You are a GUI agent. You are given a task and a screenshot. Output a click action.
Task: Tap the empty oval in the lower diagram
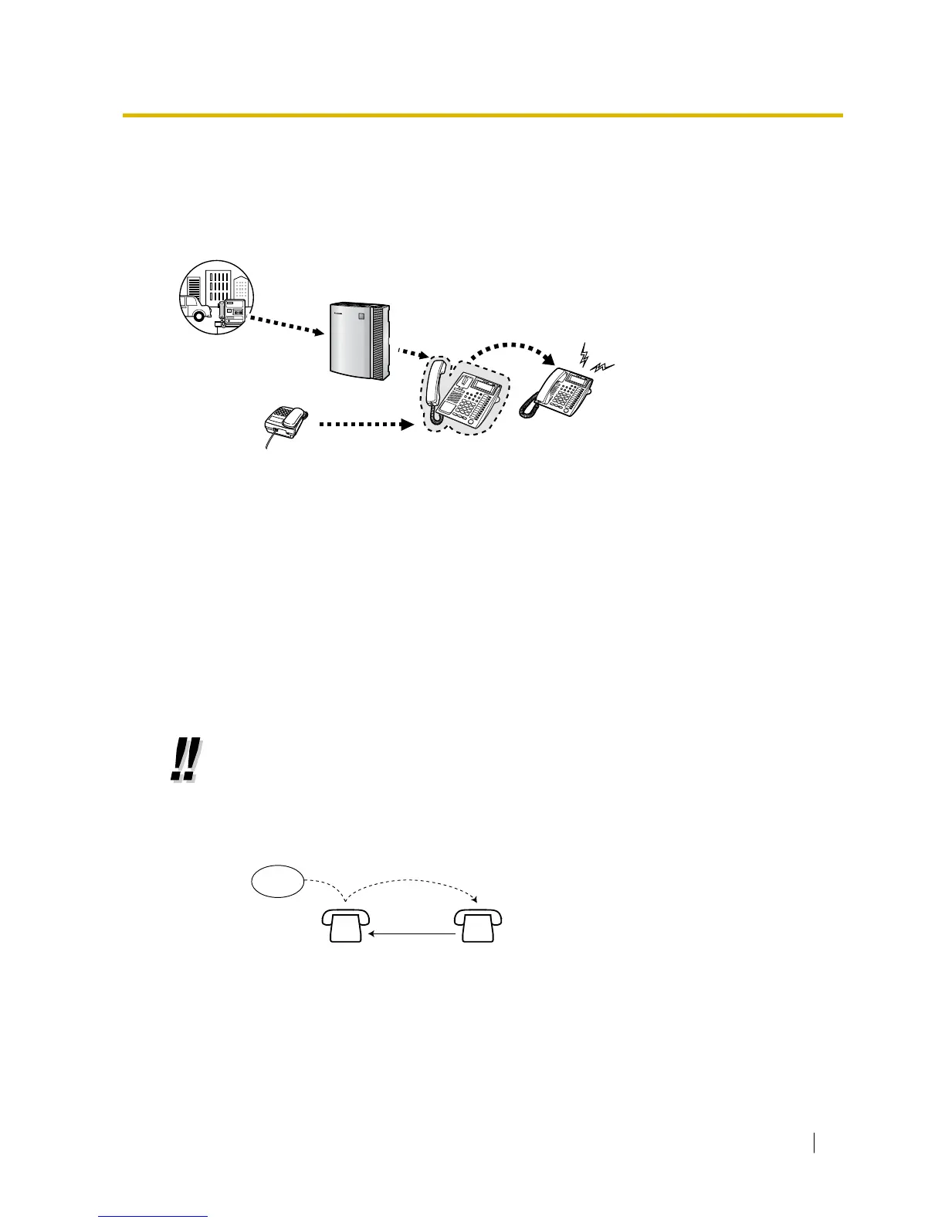coord(277,882)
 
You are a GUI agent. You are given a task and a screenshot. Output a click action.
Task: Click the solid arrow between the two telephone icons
coord(412,934)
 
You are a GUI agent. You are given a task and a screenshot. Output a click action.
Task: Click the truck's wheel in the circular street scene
coord(200,315)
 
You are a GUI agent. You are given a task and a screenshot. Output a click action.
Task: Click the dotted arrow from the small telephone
coord(363,423)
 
